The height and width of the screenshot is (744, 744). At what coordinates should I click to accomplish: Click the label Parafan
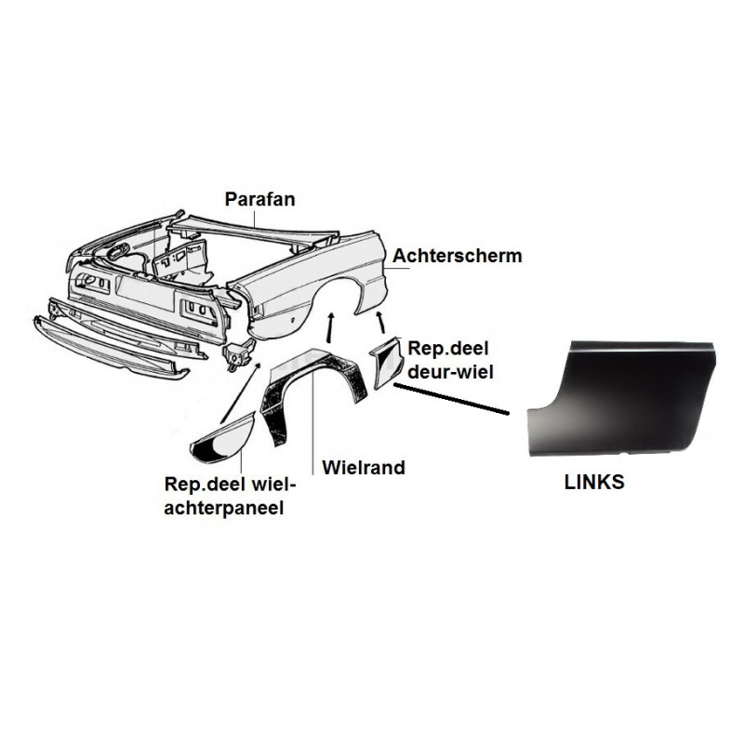pyautogui.click(x=259, y=199)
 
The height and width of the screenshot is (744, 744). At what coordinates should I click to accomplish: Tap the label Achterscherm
pyautogui.click(x=457, y=256)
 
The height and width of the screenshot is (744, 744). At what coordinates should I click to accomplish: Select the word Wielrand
pyautogui.click(x=364, y=468)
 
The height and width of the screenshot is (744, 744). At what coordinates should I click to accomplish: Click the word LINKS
pyautogui.click(x=594, y=482)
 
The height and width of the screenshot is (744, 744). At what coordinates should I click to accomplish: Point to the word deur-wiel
pyautogui.click(x=450, y=372)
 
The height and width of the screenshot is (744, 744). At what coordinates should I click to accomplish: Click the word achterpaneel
pyautogui.click(x=223, y=508)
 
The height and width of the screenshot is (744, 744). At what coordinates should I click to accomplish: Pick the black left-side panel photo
pyautogui.click(x=621, y=398)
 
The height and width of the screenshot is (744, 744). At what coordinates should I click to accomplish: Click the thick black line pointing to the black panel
pyautogui.click(x=451, y=399)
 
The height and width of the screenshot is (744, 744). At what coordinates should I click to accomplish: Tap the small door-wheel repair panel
pyautogui.click(x=387, y=363)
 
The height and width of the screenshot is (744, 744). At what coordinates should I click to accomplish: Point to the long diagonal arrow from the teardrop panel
pyautogui.click(x=241, y=392)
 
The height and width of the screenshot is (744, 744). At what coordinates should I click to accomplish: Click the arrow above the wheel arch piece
pyautogui.click(x=331, y=327)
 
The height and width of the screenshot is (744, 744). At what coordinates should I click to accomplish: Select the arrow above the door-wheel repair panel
pyautogui.click(x=381, y=323)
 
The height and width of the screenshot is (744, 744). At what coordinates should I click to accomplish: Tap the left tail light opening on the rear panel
pyautogui.click(x=93, y=283)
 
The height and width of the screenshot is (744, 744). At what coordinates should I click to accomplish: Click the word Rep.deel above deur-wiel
pyautogui.click(x=448, y=349)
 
